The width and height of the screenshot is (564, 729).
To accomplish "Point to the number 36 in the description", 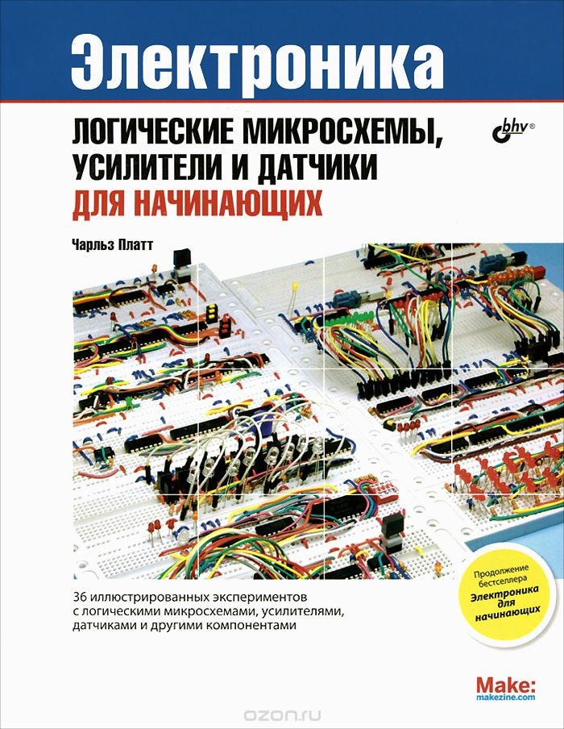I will pos(80,598).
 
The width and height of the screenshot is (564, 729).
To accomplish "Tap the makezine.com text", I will pos(506,698).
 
